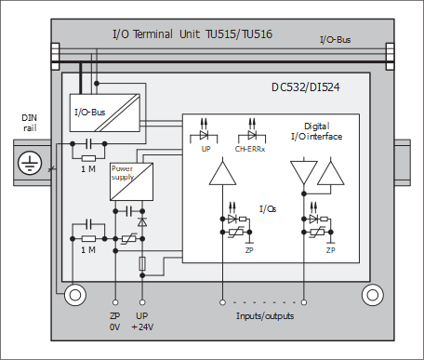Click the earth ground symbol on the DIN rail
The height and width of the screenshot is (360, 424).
point(30,163)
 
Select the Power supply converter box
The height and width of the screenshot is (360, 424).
point(131,181)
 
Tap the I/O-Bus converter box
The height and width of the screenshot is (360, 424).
point(105,113)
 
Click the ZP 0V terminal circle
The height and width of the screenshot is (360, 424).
point(115,302)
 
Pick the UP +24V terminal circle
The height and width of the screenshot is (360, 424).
point(142,302)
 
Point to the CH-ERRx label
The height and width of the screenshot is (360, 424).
point(250,149)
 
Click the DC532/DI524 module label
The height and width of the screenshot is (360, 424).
point(306,87)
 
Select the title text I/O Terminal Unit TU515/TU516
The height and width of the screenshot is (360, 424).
point(192,33)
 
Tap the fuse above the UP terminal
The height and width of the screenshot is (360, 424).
point(142,263)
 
